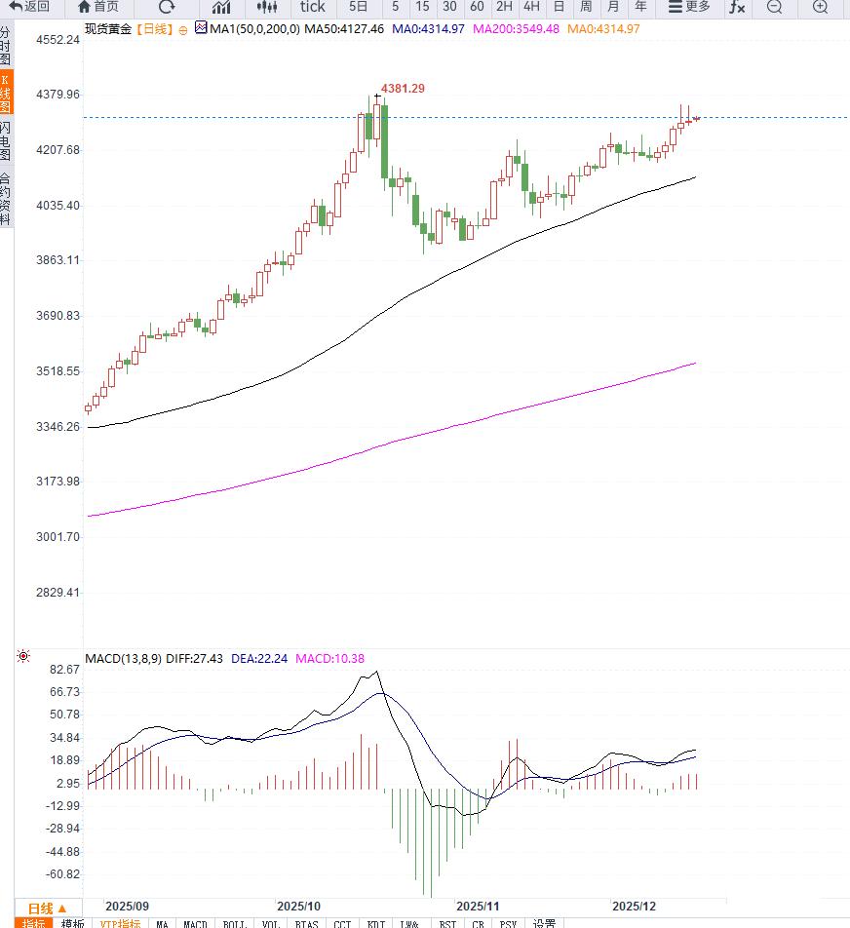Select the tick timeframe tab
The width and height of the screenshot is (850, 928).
(312, 7)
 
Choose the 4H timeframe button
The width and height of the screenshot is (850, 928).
(531, 7)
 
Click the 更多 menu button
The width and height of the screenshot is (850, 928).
(689, 7)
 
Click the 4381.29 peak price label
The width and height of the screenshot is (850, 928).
(403, 89)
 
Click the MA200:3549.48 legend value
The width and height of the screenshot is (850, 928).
(516, 28)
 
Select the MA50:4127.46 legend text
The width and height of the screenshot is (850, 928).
(344, 28)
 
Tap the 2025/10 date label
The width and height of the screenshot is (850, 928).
(299, 906)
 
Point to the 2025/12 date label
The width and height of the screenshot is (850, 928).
(635, 906)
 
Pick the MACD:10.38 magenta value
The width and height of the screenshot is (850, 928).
(329, 658)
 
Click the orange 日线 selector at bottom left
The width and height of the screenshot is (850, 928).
(47, 908)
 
